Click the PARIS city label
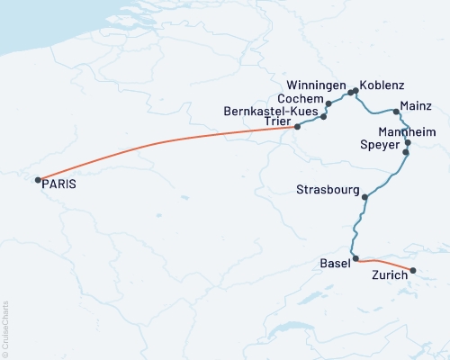[x=60, y=184]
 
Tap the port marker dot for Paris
[x=38, y=180]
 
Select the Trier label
[x=278, y=122]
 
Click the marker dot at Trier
[x=298, y=127]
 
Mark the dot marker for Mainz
[x=396, y=112]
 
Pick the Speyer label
[x=378, y=145]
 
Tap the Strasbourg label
[x=328, y=190]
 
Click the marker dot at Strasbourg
[x=364, y=197]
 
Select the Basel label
[x=336, y=264]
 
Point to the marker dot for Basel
[x=356, y=259]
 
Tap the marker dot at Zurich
[x=413, y=271]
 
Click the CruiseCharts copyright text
[x=5, y=328]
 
